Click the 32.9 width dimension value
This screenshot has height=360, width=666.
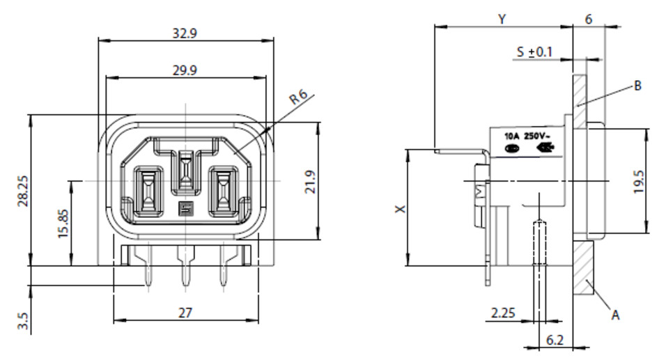(185, 33)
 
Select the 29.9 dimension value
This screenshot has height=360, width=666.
(185, 70)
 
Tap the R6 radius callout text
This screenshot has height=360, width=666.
(298, 97)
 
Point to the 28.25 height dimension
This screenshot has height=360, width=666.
(23, 191)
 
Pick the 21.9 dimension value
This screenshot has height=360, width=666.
(311, 182)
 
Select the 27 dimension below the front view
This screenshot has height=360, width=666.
(185, 313)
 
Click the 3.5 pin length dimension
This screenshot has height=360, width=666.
(23, 322)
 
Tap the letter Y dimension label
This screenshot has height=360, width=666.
(502, 19)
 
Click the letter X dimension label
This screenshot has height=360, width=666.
(401, 209)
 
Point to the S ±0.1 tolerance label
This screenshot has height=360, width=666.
(535, 52)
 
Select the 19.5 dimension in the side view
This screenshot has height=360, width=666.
(640, 182)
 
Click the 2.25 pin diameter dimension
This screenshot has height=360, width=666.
(503, 313)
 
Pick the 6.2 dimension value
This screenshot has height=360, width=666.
(555, 340)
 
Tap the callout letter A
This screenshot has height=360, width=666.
(615, 315)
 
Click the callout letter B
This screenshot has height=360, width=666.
(637, 86)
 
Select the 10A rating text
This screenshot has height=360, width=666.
(512, 136)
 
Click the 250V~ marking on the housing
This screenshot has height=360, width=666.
(537, 136)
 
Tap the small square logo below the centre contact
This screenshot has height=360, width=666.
(185, 208)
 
